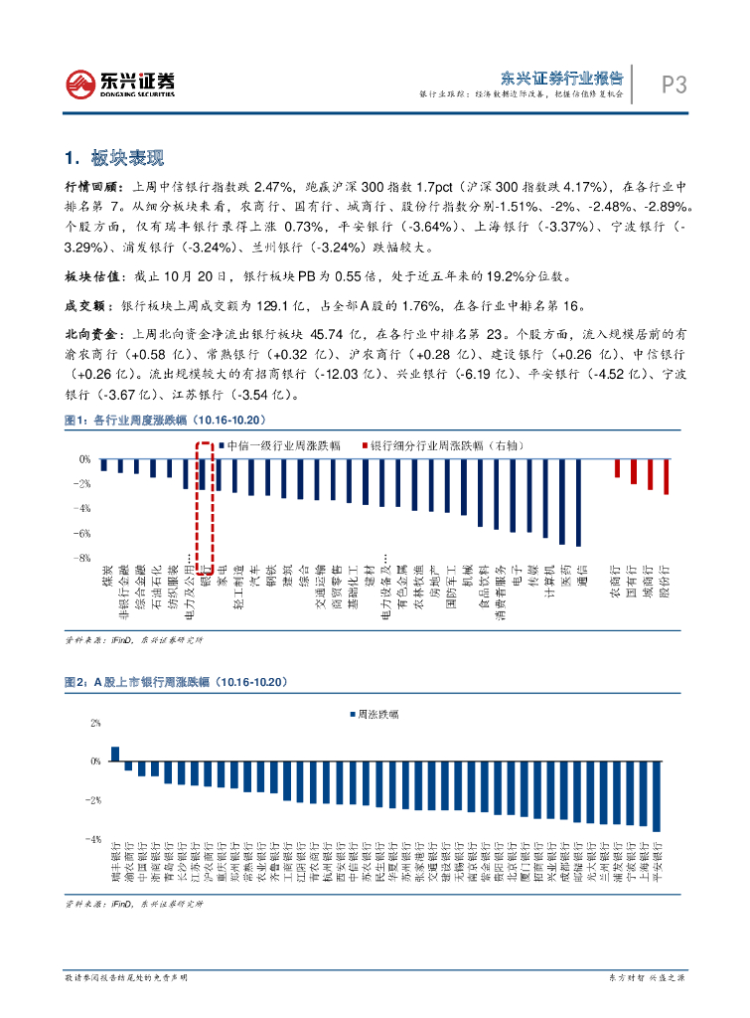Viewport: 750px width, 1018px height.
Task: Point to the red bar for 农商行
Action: pyautogui.click(x=617, y=468)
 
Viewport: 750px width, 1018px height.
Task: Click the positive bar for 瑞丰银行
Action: pyautogui.click(x=115, y=754)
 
